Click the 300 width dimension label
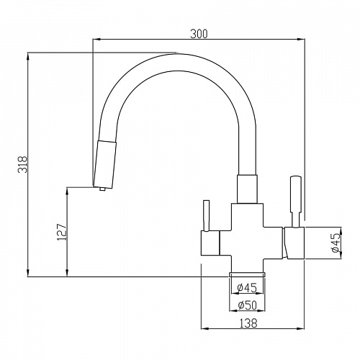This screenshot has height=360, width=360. pyautogui.click(x=199, y=34)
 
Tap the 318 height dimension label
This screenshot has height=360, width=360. pyautogui.click(x=23, y=164)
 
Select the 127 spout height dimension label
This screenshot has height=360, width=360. pyautogui.click(x=62, y=232)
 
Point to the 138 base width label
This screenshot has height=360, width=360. pyautogui.click(x=248, y=323)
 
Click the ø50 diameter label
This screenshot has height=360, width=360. pyautogui.click(x=247, y=305)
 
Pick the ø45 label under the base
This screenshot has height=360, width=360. pyautogui.click(x=247, y=287)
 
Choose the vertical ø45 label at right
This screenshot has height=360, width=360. pyautogui.click(x=336, y=243)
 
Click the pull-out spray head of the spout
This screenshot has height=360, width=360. pyautogui.click(x=104, y=165)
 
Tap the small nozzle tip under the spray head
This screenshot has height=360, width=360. pyautogui.click(x=103, y=189)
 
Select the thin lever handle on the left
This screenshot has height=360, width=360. pyautogui.click(x=206, y=216)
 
